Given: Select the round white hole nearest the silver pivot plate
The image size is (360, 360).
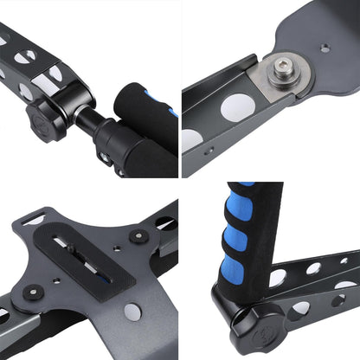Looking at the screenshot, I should click(x=237, y=106).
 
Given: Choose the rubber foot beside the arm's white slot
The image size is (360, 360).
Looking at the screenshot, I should click(x=136, y=235).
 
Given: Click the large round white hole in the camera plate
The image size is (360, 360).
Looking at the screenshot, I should click(x=132, y=310).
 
